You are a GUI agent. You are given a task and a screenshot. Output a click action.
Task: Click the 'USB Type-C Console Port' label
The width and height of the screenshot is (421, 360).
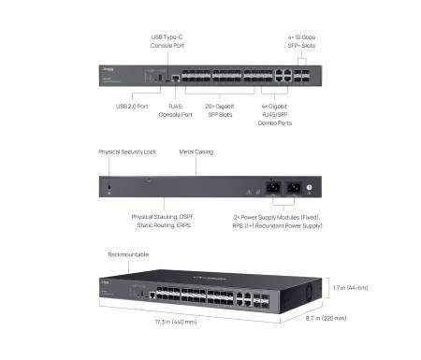pyautogui.click(x=167, y=41)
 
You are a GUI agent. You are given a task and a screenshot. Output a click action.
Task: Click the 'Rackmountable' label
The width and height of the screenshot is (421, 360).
pyautogui.click(x=129, y=253)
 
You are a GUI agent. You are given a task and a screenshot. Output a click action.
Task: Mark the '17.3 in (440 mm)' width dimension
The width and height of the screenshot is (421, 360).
pyautogui.click(x=177, y=322)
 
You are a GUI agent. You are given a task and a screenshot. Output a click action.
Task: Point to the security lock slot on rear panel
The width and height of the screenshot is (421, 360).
pyautogui.click(x=109, y=190)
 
